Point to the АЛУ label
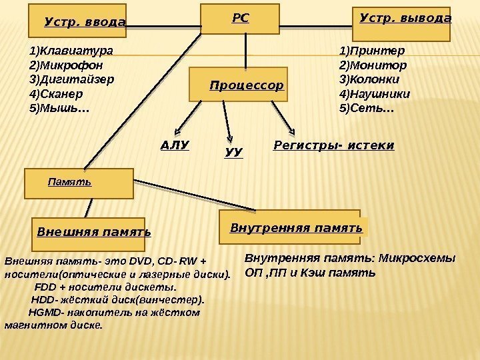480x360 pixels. coord(175,145)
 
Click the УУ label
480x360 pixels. coord(234,153)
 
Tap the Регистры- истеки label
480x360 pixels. coord(334,145)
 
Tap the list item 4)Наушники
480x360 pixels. coord(375,93)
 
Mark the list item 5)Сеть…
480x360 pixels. coord(367,107)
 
